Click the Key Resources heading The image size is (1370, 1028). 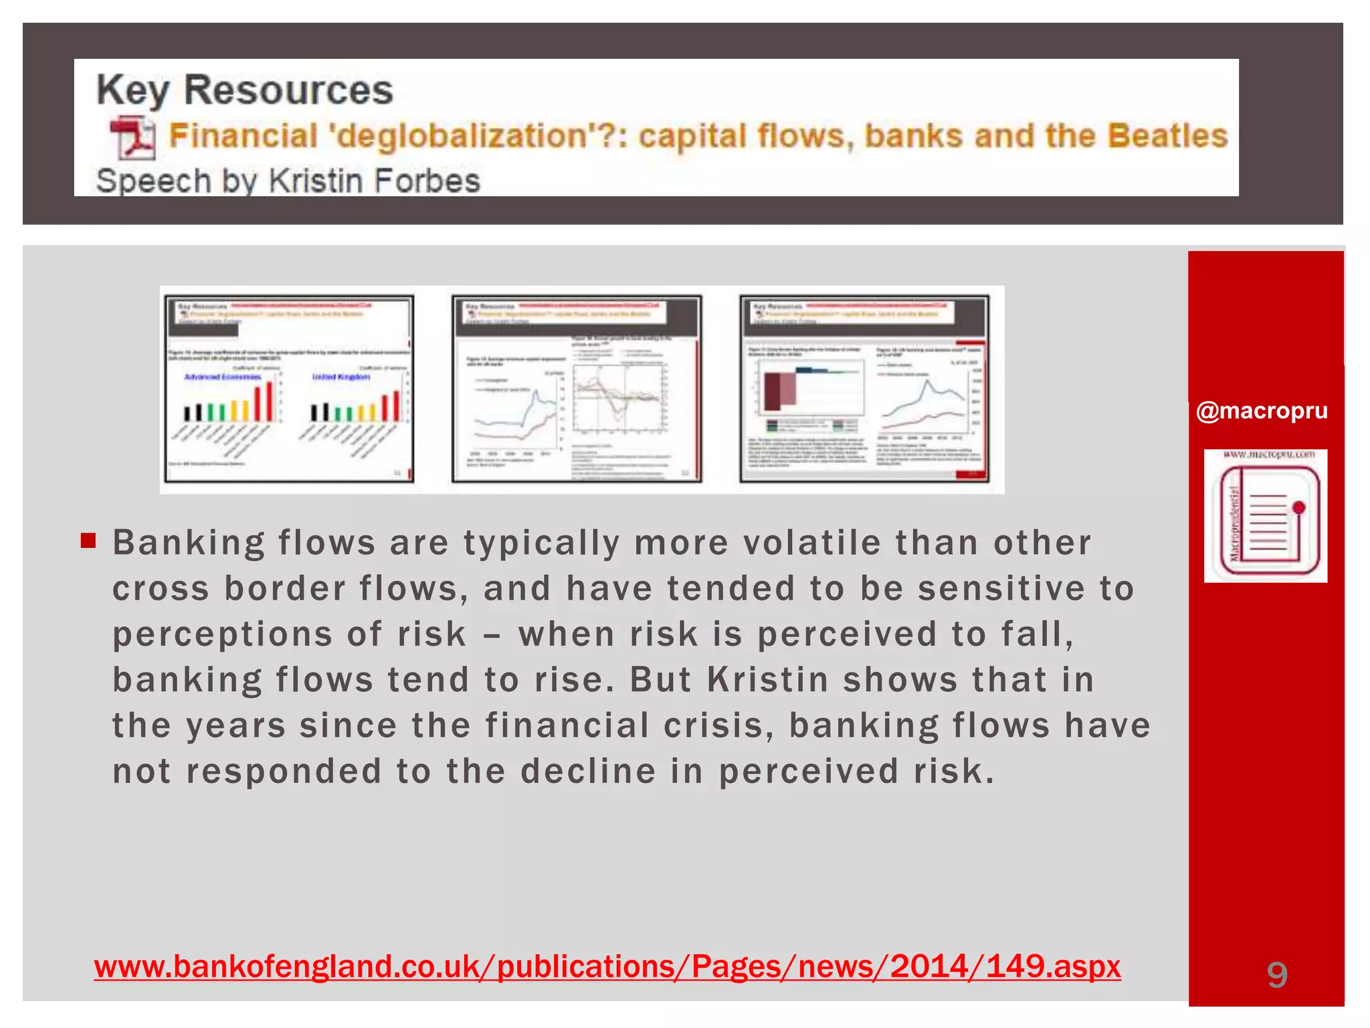[245, 90]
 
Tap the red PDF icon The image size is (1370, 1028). [132, 138]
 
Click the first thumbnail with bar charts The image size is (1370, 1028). [289, 389]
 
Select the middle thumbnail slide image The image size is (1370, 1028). [577, 389]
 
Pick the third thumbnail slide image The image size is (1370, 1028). [864, 389]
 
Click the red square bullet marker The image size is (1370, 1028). [88, 540]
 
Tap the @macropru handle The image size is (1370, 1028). [1262, 410]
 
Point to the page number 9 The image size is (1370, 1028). [1277, 974]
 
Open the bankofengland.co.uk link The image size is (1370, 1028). [607, 966]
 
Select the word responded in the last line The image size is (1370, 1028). [284, 771]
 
